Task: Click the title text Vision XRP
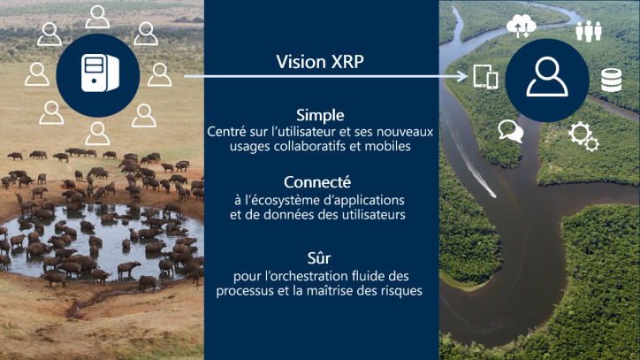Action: tap(320, 62)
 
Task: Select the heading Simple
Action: tap(320, 115)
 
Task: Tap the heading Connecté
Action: tap(317, 182)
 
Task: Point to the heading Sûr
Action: tap(319, 258)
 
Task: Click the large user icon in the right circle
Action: tap(547, 77)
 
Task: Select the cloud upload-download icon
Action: tap(521, 27)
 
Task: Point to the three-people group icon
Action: tap(588, 31)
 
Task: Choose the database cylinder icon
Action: tap(611, 80)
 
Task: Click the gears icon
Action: tap(583, 137)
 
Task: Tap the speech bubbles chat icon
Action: tap(511, 131)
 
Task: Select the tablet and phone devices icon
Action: tap(485, 76)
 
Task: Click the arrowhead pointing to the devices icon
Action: tap(463, 76)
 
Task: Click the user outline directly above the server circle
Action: tap(97, 17)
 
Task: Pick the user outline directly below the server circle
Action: tap(97, 134)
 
